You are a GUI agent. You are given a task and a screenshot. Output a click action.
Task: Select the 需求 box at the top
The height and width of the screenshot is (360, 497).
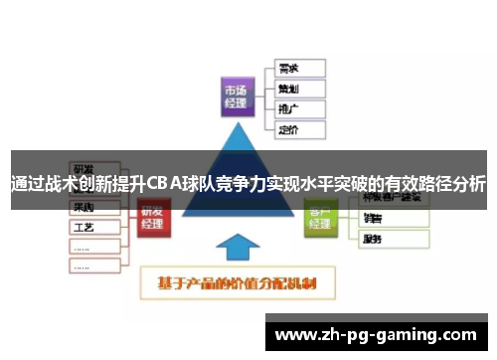tap(297, 69)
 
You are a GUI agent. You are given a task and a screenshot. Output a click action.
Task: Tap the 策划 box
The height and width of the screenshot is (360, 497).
tap(297, 89)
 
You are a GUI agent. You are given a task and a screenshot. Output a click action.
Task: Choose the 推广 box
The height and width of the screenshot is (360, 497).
tap(297, 107)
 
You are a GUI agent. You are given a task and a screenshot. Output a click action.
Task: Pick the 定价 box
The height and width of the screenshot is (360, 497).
tap(297, 127)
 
